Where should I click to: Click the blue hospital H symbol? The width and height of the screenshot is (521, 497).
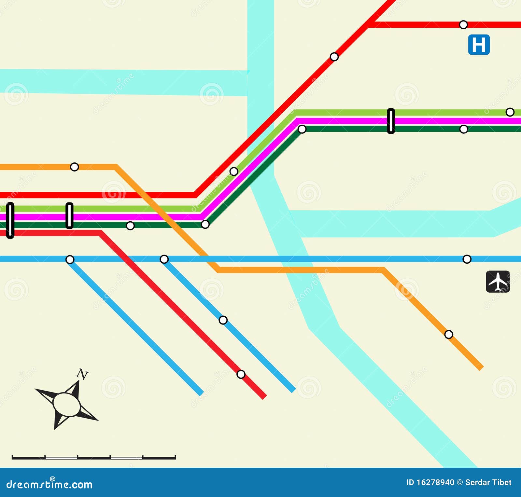479,45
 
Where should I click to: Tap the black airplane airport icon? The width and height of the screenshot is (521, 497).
498,282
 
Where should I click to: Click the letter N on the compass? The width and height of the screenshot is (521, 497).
83,374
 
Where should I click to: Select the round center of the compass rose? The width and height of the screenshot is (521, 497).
67,404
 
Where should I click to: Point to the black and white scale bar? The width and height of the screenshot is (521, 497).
94,457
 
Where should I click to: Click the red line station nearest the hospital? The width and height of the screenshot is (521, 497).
463,25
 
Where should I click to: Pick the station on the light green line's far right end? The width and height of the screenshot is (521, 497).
510,112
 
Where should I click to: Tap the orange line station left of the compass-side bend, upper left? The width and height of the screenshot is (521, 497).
75,167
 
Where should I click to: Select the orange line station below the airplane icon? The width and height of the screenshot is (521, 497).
449,334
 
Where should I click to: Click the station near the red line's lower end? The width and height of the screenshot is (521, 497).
241,374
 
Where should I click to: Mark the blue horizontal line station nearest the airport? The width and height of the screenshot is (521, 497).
467,259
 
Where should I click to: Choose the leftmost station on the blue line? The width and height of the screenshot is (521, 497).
70,259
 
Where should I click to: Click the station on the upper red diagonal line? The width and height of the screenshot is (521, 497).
334,57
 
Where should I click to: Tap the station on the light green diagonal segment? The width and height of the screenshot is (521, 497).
234,171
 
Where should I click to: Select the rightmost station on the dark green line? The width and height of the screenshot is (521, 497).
464,129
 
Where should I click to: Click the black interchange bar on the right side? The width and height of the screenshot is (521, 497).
391,121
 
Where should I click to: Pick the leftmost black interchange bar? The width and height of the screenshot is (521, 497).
10,220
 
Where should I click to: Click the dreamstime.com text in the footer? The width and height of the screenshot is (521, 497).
49,484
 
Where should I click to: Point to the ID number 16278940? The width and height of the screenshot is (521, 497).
435,482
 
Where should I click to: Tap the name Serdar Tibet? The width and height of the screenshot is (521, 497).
488,482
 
